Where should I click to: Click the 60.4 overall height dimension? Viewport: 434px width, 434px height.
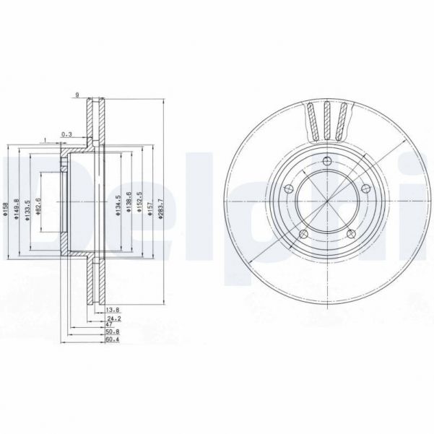point(112,339)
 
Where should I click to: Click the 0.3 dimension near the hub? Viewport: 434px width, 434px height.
point(66,134)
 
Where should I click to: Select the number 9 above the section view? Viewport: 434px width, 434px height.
point(77,94)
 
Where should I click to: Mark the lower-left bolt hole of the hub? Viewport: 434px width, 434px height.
point(303,233)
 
